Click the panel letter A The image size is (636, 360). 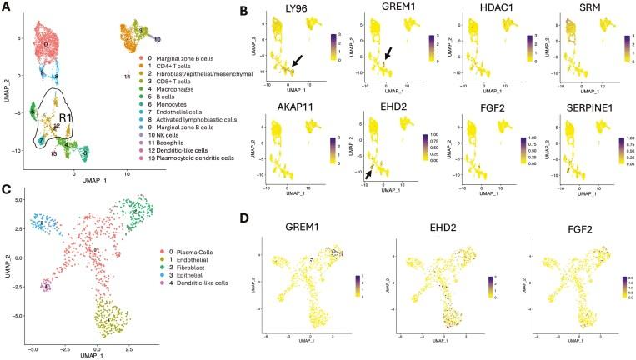point(6,7)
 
